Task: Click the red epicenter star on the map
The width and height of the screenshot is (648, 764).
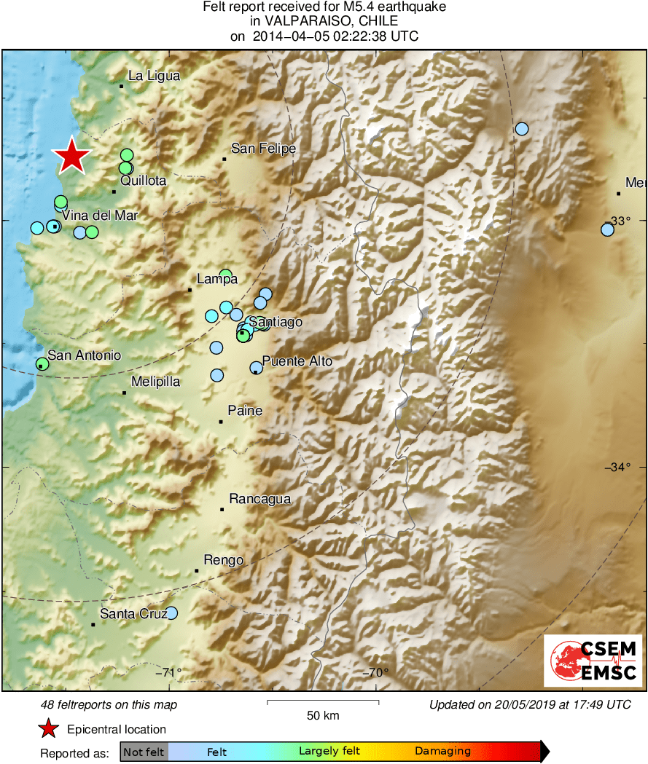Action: tap(71, 155)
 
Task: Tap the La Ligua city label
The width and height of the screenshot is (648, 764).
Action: tap(153, 76)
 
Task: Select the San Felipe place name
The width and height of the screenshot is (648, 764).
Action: tap(263, 149)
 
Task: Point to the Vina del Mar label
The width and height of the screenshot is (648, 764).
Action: tap(99, 216)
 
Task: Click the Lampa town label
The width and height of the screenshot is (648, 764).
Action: tap(217, 279)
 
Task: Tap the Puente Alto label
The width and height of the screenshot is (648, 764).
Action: tap(297, 361)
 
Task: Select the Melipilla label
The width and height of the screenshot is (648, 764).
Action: tap(155, 382)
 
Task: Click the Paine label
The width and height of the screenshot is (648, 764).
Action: tap(245, 411)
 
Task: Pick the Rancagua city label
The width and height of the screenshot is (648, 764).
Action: tap(259, 499)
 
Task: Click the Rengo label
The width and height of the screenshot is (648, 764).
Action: tap(223, 559)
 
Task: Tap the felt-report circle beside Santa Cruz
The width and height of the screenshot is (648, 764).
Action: tap(171, 613)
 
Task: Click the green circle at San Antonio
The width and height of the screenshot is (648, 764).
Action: tap(42, 363)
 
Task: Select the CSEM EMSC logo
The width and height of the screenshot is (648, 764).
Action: tap(594, 661)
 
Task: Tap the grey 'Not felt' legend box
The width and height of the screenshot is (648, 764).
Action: tap(144, 751)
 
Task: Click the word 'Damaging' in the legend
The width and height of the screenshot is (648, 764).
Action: tap(442, 751)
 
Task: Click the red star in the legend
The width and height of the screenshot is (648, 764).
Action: tap(49, 729)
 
